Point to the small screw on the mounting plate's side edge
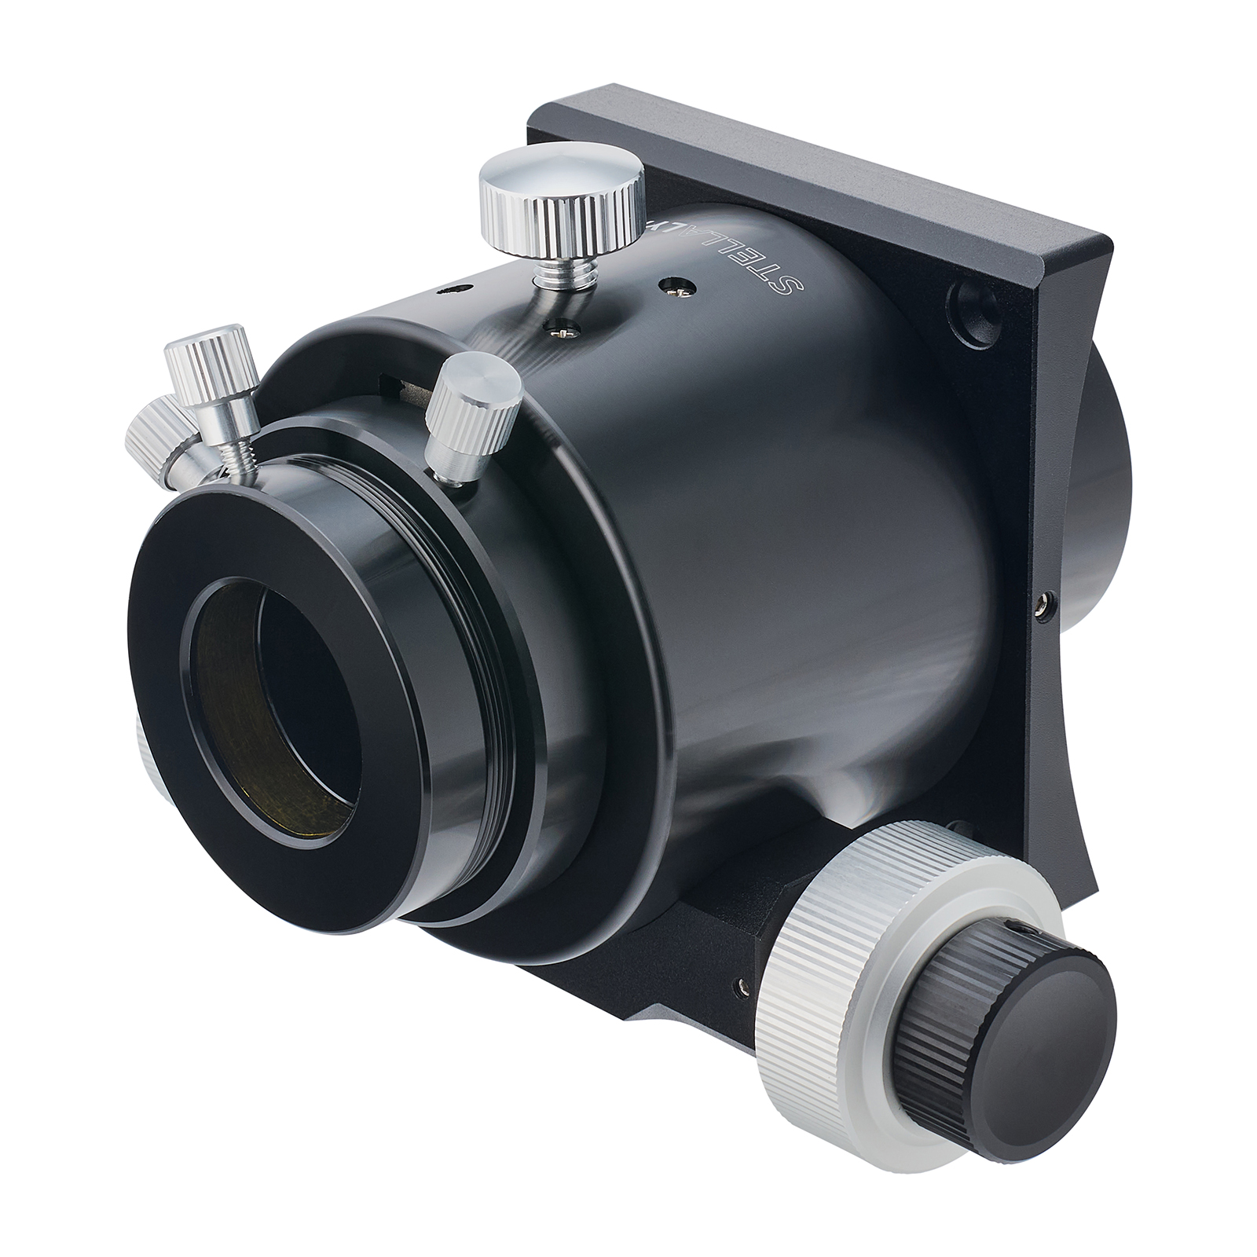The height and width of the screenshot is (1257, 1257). point(1042,604)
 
